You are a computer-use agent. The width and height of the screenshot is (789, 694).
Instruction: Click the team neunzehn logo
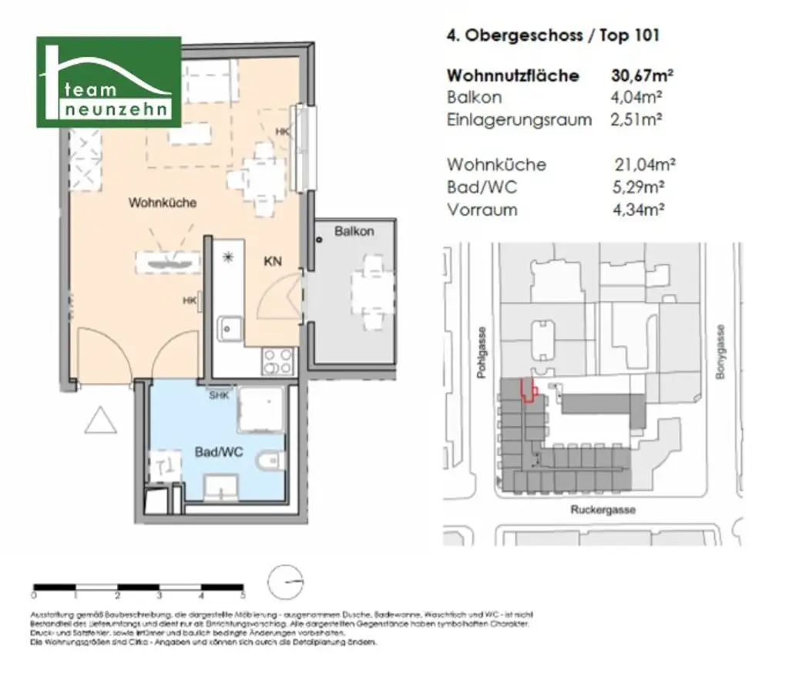pyautogui.click(x=109, y=82)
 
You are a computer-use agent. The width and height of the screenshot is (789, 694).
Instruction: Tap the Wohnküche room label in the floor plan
pyautogui.click(x=163, y=203)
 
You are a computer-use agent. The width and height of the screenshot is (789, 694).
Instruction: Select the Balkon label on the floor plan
pyautogui.click(x=354, y=231)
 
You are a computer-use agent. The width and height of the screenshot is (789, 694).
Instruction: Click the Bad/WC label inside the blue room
pyautogui.click(x=218, y=452)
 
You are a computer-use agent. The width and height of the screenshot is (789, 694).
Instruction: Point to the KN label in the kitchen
pyautogui.click(x=272, y=262)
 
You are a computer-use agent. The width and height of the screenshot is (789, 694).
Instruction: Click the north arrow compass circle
pyautogui.click(x=287, y=582)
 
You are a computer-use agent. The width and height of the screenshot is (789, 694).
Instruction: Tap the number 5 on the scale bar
pyautogui.click(x=243, y=596)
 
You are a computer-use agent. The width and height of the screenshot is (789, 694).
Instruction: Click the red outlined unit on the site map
pyautogui.click(x=529, y=391)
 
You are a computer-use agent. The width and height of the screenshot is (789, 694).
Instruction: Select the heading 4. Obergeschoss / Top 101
pyautogui.click(x=552, y=35)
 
